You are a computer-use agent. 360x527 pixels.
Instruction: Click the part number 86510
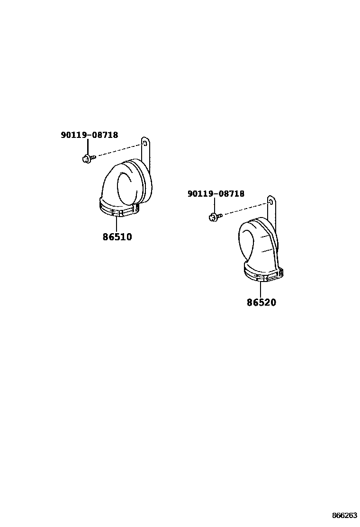pyautogui.click(x=117, y=236)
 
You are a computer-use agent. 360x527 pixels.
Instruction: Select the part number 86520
pyautogui.click(x=261, y=302)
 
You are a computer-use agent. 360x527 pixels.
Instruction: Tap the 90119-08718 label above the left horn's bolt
pyautogui.click(x=90, y=135)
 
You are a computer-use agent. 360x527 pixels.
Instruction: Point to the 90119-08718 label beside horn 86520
pyautogui.click(x=216, y=194)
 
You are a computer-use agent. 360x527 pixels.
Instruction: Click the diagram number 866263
pyautogui.click(x=344, y=515)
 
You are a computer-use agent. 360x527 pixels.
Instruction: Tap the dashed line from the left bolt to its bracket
pyautogui.click(x=118, y=151)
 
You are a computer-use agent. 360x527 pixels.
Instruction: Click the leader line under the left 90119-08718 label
pyautogui.click(x=88, y=146)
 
